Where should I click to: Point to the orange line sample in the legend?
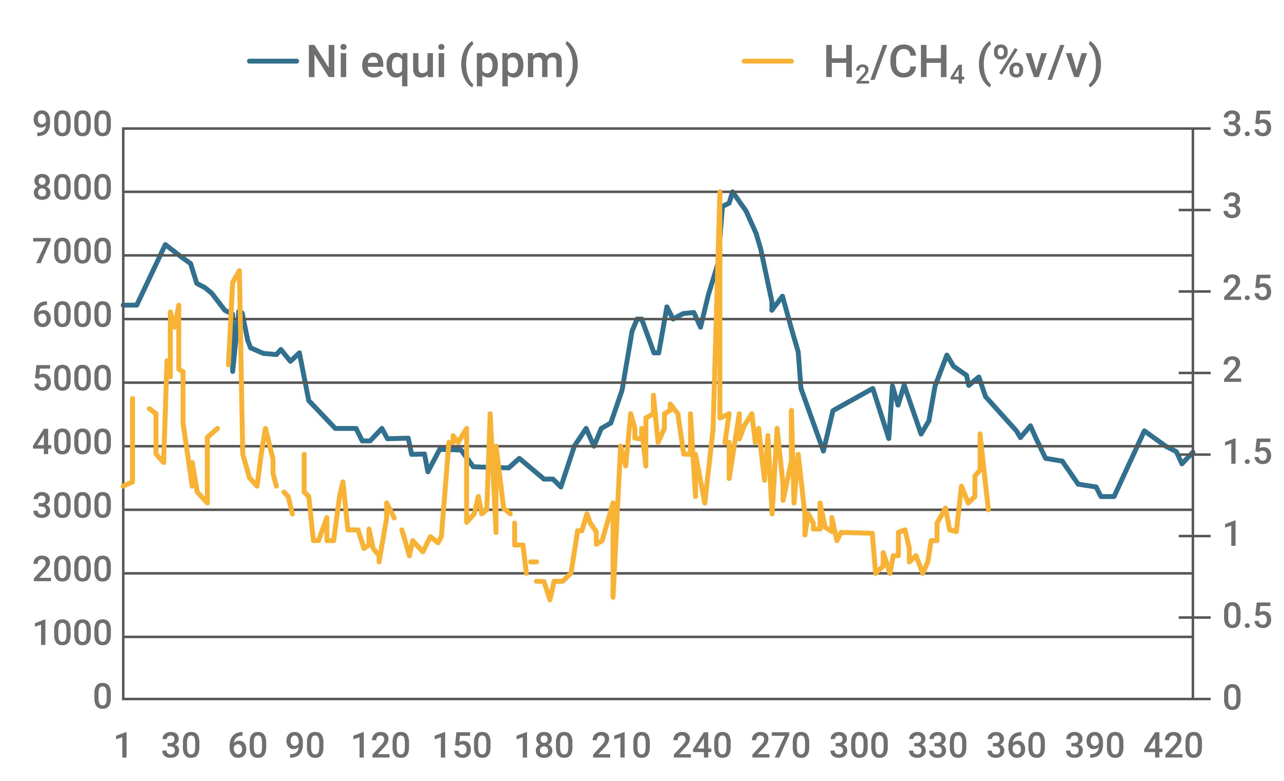[x=768, y=61]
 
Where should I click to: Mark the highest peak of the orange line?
[x=720, y=192]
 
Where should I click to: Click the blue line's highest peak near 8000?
[x=732, y=192]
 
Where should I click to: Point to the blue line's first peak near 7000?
[x=165, y=244]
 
